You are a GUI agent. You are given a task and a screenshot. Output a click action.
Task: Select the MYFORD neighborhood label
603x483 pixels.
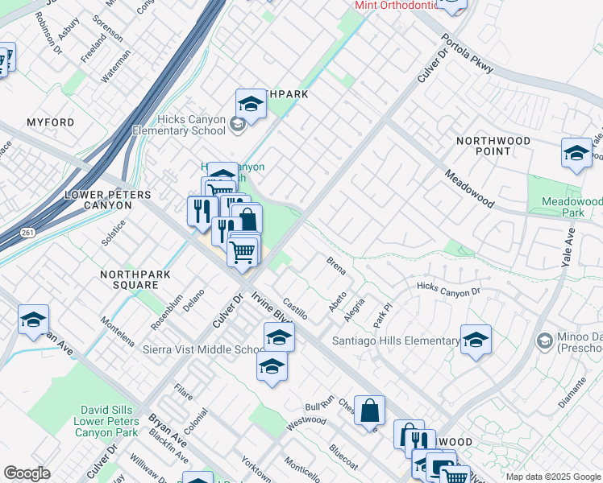click(x=50, y=122)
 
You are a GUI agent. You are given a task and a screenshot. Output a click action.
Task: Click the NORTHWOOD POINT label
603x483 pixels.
click(x=493, y=146)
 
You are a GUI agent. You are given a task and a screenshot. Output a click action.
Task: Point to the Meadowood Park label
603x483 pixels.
click(x=572, y=207)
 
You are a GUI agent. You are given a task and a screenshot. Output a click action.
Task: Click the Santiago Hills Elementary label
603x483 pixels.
click(x=396, y=341)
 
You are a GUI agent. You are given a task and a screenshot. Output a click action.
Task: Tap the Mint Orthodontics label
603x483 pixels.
click(x=395, y=5)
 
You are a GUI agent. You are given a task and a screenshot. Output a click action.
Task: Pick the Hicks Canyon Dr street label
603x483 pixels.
click(x=448, y=287)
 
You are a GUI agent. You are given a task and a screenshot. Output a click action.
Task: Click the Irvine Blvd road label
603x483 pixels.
click(x=271, y=306)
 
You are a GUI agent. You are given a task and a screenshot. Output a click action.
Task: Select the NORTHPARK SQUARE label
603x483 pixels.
click(x=129, y=279)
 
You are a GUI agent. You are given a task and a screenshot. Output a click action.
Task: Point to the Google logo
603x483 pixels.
click(x=27, y=473)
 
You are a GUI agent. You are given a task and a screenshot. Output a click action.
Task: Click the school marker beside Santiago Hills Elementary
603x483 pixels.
click(x=476, y=341)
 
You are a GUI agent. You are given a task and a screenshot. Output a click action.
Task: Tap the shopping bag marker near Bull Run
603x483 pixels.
click(x=369, y=411)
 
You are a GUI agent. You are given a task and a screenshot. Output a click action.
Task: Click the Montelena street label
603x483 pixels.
click(x=118, y=330)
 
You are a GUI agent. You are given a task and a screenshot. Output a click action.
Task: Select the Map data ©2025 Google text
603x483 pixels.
click(x=553, y=477)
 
